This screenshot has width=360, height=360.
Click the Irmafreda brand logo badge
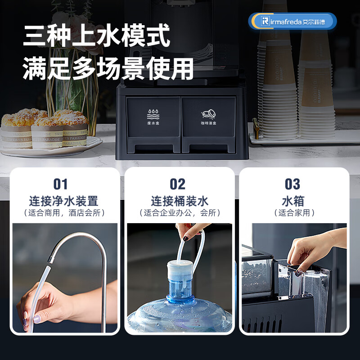[292, 21]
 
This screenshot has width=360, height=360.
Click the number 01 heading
[60, 184]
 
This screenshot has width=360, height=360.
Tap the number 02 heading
[178, 184]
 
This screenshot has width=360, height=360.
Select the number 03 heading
[292, 184]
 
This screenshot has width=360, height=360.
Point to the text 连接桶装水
[180, 201]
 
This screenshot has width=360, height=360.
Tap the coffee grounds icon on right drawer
[208, 113]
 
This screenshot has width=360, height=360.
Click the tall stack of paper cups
[277, 85]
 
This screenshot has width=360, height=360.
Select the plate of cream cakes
[45, 133]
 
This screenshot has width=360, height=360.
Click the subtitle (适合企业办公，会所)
[180, 213]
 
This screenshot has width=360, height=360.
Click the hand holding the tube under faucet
[45, 306]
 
